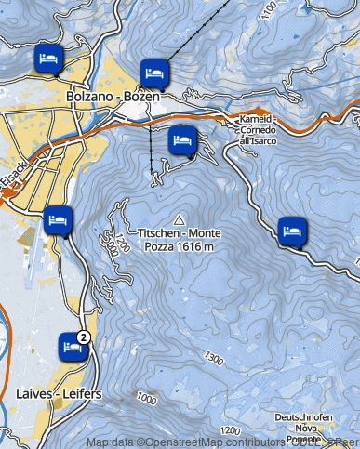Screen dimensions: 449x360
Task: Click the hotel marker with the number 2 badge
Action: point(70,346)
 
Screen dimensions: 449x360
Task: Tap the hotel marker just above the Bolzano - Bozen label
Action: point(154,72)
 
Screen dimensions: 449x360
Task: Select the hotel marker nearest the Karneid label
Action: point(182,141)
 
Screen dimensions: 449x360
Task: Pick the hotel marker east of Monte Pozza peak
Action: point(292,229)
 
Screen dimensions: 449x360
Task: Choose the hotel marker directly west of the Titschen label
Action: point(58,220)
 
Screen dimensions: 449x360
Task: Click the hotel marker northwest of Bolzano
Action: point(48,59)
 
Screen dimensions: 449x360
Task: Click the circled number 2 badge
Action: point(84,337)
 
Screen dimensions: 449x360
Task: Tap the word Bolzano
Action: point(89,95)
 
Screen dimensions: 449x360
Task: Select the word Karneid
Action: point(256,120)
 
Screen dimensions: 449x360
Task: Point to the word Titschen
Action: point(159,233)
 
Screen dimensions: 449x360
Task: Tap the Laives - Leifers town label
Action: point(59,394)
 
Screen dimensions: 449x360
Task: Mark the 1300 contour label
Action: point(216,358)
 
